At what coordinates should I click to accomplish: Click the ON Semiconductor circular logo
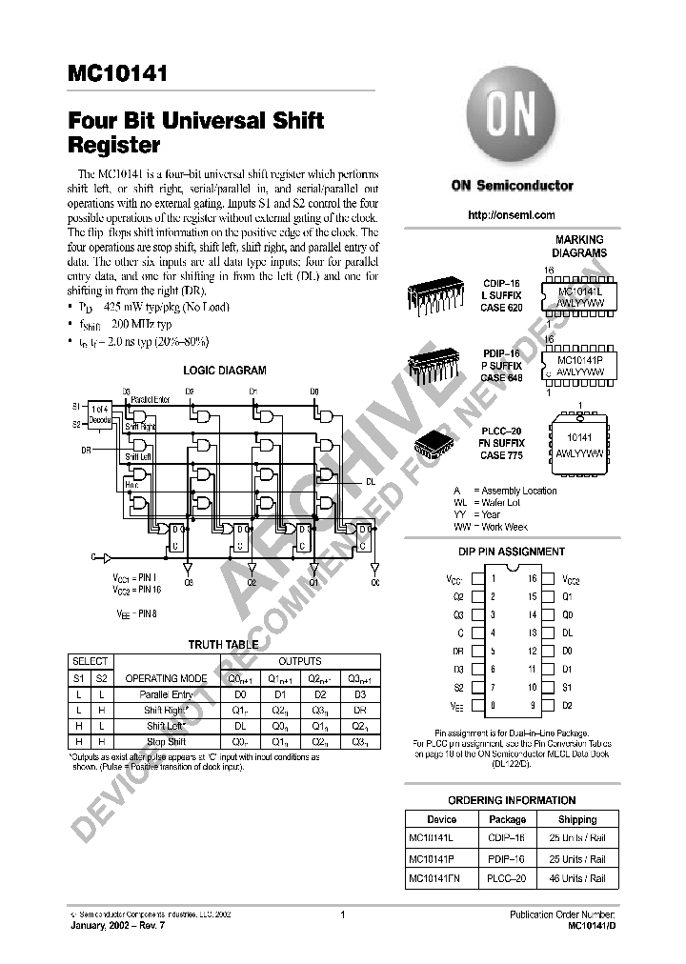pos(511,123)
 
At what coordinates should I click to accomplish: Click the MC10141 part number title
pos(117,73)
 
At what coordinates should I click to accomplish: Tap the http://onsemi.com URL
pos(511,216)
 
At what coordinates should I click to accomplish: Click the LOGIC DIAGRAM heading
pos(225,371)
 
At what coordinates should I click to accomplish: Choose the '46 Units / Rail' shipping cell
pos(577,878)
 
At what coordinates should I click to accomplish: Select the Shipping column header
pos(577,819)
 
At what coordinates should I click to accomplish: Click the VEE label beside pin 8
pos(456,707)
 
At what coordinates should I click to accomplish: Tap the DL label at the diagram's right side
pos(371,482)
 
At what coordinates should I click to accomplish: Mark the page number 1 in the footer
pos(341,915)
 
